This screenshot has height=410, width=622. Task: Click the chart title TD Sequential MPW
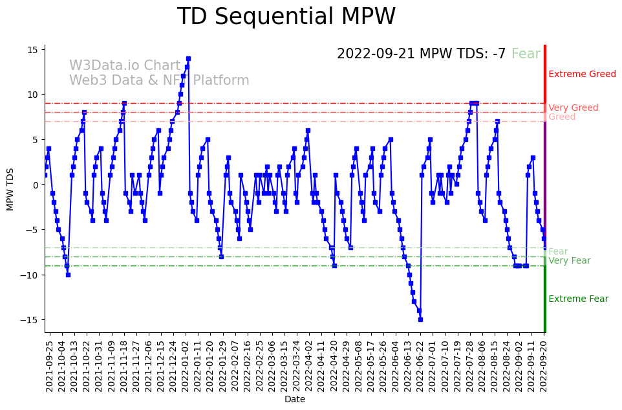[286, 17]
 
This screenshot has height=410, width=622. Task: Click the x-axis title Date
[294, 400]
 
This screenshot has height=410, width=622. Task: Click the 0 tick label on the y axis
[37, 185]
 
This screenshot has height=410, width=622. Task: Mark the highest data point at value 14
[188, 58]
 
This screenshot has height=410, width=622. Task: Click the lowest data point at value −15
[420, 319]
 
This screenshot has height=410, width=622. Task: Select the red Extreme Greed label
[582, 74]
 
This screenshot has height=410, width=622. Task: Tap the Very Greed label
[573, 108]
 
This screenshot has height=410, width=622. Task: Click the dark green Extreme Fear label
[578, 299]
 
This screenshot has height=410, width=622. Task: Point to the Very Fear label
[569, 261]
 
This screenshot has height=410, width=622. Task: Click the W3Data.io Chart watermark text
[125, 66]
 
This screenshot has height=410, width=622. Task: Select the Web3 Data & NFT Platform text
[159, 81]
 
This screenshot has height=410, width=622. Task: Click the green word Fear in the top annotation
[526, 54]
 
